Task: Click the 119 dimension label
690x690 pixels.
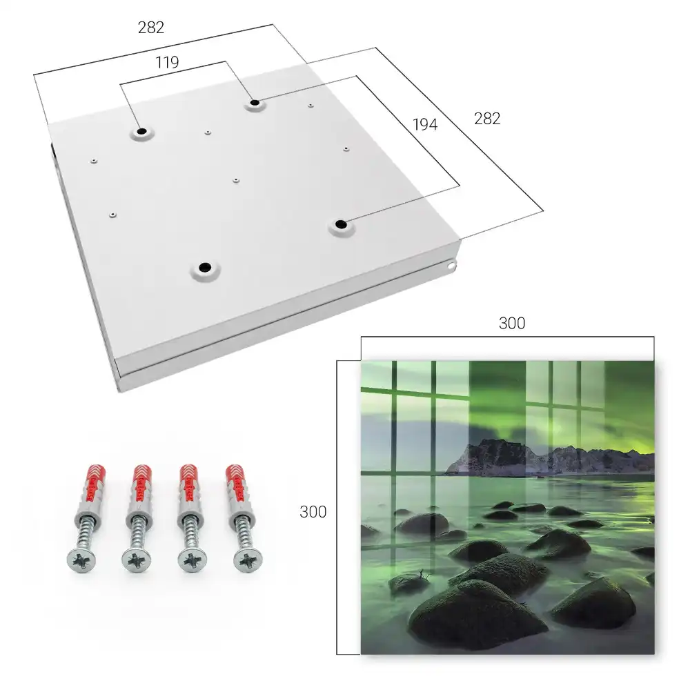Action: [167, 63]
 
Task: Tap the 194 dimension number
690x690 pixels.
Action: [425, 124]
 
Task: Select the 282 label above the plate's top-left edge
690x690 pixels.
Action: [151, 28]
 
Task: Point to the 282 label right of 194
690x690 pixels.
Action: [487, 119]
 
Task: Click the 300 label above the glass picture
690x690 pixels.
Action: [512, 324]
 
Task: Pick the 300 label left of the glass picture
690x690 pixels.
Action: [313, 512]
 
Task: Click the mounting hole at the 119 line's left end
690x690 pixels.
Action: [141, 132]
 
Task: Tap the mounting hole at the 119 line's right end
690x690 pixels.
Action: [255, 103]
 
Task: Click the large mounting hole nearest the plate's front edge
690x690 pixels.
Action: [205, 267]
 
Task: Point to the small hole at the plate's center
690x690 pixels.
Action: [236, 180]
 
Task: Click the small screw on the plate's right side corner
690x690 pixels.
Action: [451, 266]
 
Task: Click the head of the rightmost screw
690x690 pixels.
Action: [248, 560]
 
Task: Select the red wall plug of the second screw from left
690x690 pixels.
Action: [141, 482]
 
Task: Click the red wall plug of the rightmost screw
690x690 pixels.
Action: [236, 482]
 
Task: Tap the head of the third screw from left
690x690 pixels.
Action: [192, 561]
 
